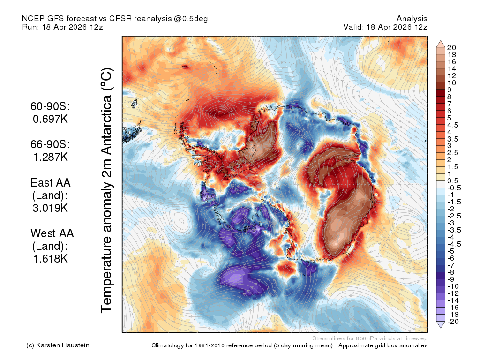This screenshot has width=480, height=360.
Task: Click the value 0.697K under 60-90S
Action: [x=50, y=119]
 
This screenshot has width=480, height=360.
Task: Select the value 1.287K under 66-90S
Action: [x=50, y=157]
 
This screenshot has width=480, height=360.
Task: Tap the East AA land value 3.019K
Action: [x=50, y=208]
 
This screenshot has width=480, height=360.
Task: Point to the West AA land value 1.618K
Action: [x=50, y=259]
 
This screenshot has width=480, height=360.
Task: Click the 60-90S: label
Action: [x=50, y=106]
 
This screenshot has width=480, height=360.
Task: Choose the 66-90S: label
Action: [x=50, y=144]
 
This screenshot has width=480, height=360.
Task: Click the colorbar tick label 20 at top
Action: [x=451, y=48]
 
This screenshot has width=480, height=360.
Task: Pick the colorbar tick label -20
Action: [x=453, y=322]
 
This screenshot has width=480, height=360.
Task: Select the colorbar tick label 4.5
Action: [x=453, y=125]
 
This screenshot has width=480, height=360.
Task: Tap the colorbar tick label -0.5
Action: [x=454, y=188]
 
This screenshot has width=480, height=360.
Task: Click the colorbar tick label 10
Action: [x=451, y=83]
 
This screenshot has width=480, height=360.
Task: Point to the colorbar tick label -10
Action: [x=453, y=286]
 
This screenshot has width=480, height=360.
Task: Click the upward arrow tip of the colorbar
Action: [x=441, y=40]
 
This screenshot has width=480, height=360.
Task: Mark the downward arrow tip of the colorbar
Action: [x=441, y=328]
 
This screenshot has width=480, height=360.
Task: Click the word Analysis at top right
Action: [x=412, y=19]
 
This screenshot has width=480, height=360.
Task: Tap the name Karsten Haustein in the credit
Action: [x=63, y=345]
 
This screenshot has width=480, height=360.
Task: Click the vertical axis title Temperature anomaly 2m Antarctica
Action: [x=107, y=190]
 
